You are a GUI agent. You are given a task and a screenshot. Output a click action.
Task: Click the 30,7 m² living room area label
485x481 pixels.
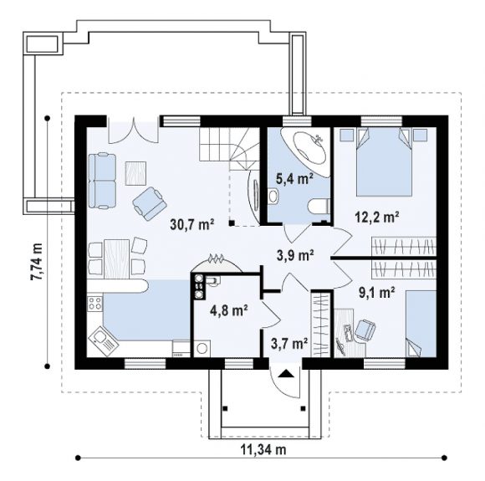pyautogui.click(x=192, y=224)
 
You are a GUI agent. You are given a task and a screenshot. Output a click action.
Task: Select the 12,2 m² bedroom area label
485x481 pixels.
pyautogui.click(x=376, y=217)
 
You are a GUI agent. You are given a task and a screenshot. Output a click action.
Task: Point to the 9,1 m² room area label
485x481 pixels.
pyautogui.click(x=376, y=292)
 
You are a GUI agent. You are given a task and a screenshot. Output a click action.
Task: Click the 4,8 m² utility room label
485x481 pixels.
pyautogui.click(x=229, y=310)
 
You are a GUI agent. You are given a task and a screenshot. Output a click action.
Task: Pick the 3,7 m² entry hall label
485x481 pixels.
pyautogui.click(x=289, y=343)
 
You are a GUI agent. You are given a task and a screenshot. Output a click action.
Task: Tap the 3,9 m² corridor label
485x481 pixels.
pyautogui.click(x=295, y=255)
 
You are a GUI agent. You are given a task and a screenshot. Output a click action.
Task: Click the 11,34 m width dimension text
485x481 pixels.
pyautogui.click(x=263, y=449)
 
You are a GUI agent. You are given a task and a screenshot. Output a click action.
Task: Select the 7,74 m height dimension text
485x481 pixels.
pyautogui.click(x=38, y=262)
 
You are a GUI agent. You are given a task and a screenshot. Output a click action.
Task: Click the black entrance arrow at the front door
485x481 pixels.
pyautogui.click(x=285, y=374)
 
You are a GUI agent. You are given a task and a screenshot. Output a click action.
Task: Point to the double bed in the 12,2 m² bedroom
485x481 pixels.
pyautogui.click(x=384, y=162)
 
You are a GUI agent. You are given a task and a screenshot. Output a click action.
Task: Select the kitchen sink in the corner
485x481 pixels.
pyautogui.click(x=104, y=341)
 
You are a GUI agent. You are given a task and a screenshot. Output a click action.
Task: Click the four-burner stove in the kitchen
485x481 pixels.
pyautogui.click(x=95, y=304)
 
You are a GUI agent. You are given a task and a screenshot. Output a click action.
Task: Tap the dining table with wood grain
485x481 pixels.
pyautogui.click(x=116, y=259)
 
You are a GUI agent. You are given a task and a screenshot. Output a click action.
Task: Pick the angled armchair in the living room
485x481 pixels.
pyautogui.click(x=150, y=203)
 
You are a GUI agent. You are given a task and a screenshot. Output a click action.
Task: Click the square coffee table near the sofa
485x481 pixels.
pyautogui.click(x=135, y=173)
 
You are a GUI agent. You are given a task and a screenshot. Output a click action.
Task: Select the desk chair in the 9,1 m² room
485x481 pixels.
pyautogui.click(x=365, y=330)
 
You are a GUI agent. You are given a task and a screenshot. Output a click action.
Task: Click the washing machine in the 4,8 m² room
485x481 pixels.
pyautogui.click(x=202, y=349)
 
